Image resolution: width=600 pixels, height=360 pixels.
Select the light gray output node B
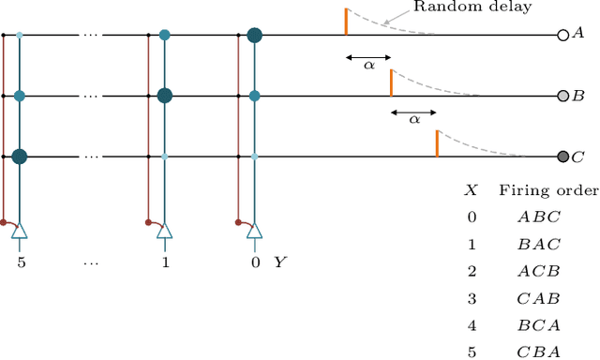coord(562,96)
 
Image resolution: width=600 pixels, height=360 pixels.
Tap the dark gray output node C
coord(562,157)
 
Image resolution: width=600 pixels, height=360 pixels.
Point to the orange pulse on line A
coord(346,22)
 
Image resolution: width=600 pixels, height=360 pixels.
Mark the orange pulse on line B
coord(391,82)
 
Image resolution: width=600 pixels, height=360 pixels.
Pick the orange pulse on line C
coord(436,143)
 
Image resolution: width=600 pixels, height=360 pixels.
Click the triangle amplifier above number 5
coord(21,231)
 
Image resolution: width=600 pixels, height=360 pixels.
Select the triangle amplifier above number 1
coord(165,231)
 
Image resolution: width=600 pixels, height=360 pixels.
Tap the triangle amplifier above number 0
coord(255,231)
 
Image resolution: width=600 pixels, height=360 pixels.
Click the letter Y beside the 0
coord(279,262)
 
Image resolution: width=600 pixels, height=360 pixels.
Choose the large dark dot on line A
coord(254,36)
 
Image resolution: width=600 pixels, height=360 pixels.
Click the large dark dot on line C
coord(20,157)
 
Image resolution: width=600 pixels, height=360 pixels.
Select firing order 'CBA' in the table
coord(539,352)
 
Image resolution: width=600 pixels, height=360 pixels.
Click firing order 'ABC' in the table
coord(539,217)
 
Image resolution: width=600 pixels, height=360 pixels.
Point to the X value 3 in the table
coord(472,298)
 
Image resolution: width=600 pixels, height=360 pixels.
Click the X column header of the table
coord(472,190)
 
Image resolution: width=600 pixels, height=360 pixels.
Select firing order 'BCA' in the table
coord(539,324)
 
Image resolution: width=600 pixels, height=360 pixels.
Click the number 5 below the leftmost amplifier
coord(21,262)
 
